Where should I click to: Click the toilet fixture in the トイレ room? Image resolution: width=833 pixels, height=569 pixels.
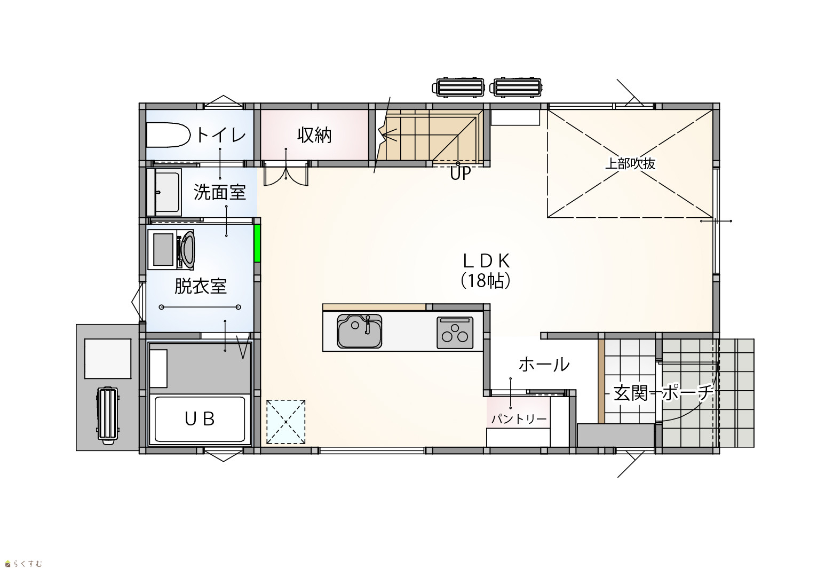pyautogui.click(x=168, y=135)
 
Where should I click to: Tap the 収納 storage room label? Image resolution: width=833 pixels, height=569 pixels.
pyautogui.click(x=314, y=135)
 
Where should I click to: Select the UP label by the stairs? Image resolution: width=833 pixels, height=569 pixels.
pyautogui.click(x=461, y=173)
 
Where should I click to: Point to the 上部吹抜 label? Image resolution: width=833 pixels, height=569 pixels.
pyautogui.click(x=630, y=164)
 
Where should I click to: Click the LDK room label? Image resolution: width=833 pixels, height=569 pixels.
pyautogui.click(x=487, y=261)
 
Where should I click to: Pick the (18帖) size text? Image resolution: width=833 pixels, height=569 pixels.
pyautogui.click(x=486, y=281)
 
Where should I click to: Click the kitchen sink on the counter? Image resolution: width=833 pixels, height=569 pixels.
pyautogui.click(x=359, y=331)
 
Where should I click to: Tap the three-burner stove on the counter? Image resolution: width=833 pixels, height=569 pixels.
pyautogui.click(x=455, y=333)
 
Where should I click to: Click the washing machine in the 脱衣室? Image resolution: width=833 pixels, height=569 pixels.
pyautogui.click(x=171, y=250)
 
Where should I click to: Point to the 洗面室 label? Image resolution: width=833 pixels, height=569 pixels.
pyautogui.click(x=219, y=192)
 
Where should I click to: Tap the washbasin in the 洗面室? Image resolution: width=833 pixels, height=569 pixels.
pyautogui.click(x=164, y=192)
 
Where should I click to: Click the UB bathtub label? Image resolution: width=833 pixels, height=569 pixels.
pyautogui.click(x=200, y=419)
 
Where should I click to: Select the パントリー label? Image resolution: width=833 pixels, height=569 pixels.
pyautogui.click(x=519, y=420)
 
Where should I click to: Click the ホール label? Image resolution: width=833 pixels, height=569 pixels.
pyautogui.click(x=544, y=365)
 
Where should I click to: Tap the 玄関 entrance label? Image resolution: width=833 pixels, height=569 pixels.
pyautogui.click(x=631, y=393)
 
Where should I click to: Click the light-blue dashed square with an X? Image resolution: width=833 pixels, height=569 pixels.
pyautogui.click(x=285, y=422)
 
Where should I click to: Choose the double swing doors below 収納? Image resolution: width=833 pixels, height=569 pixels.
pyautogui.click(x=286, y=173)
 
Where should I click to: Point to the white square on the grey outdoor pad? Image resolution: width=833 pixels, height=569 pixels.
pyautogui.click(x=108, y=359)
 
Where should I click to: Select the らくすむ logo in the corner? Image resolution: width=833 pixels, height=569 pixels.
pyautogui.click(x=23, y=564)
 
